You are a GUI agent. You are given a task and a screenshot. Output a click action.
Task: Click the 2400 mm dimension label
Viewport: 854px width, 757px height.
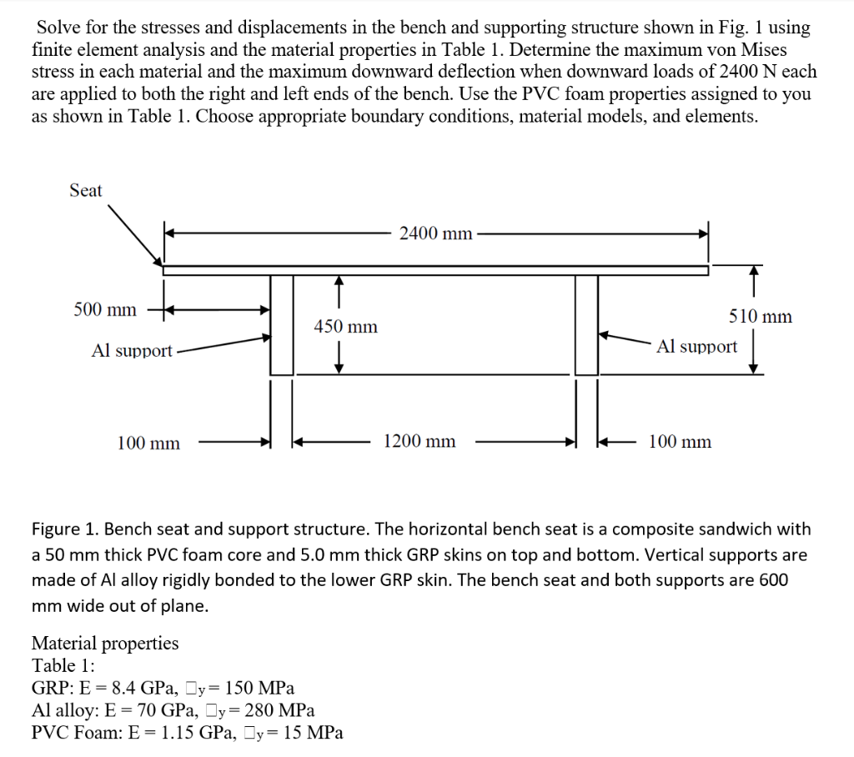click(435, 233)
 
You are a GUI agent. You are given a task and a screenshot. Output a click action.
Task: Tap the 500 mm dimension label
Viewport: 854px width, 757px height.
click(104, 310)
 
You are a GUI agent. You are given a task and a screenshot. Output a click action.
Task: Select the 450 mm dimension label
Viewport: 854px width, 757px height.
click(345, 327)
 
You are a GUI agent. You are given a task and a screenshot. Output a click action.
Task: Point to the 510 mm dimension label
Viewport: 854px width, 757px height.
click(760, 317)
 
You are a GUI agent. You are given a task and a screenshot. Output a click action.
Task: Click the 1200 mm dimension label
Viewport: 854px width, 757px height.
click(419, 442)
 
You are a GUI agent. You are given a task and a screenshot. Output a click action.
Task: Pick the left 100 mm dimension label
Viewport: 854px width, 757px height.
click(148, 444)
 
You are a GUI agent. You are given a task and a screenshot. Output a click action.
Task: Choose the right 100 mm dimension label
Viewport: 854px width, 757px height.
click(680, 442)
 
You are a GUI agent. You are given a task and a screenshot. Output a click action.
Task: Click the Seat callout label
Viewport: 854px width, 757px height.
click(85, 191)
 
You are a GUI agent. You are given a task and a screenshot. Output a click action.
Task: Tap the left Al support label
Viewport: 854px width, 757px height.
click(132, 351)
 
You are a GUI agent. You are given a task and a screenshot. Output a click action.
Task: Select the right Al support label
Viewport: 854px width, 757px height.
click(696, 346)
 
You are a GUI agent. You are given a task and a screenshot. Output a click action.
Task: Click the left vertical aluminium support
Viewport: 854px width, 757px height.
click(282, 325)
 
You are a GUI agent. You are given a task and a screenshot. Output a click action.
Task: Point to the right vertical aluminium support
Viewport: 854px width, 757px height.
click(586, 325)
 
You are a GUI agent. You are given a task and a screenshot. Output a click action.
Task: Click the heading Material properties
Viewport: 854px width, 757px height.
click(104, 643)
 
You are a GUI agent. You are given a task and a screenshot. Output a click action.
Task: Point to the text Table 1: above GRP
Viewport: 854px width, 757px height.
click(63, 665)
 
